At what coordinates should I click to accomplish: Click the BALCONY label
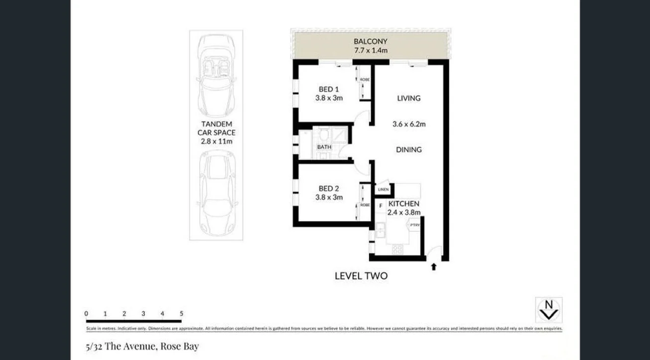[x=370, y=41]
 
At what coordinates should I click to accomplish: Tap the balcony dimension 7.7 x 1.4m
[x=370, y=50]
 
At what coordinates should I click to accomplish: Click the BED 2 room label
[x=329, y=189]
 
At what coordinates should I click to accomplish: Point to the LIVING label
[x=408, y=98]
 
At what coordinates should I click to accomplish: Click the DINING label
[x=408, y=149]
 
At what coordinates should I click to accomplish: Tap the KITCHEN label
[x=403, y=204]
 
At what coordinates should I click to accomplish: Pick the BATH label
[x=324, y=147]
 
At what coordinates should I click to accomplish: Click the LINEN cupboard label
[x=383, y=190]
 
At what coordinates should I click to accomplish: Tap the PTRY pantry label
[x=414, y=226]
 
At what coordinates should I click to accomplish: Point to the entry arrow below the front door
[x=433, y=267]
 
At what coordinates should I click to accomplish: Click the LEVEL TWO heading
[x=361, y=276]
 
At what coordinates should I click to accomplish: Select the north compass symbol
[x=548, y=310]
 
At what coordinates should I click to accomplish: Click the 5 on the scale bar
[x=181, y=314]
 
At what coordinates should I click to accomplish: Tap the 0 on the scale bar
[x=87, y=314]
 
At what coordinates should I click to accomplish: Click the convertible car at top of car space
[x=216, y=75]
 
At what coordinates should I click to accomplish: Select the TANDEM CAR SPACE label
[x=216, y=132]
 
